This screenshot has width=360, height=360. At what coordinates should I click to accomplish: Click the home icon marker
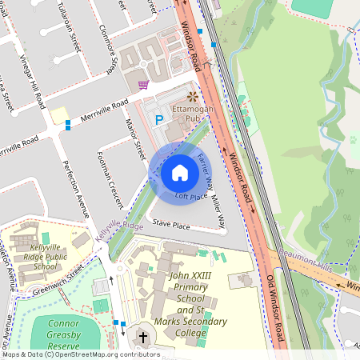[x=180, y=172]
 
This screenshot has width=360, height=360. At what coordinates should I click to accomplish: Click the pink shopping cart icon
[x=143, y=85]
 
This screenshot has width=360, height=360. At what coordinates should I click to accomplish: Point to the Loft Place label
[x=191, y=196]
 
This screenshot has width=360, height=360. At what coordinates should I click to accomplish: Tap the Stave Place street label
[x=171, y=226]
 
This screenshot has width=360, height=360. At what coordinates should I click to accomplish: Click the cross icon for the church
[x=143, y=338]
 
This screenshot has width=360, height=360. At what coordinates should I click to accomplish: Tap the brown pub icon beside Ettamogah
[x=192, y=96]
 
